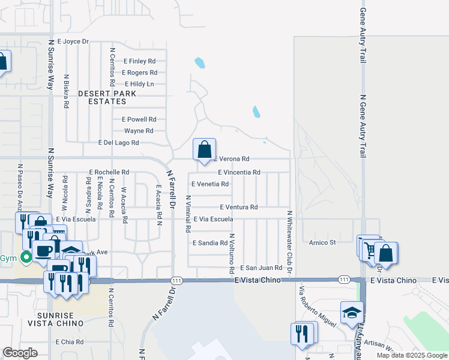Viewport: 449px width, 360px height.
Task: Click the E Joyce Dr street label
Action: pyautogui.click(x=73, y=41)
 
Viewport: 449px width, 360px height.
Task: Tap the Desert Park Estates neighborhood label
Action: pyautogui.click(x=107, y=98)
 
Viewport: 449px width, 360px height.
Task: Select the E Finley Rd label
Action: pyautogui.click(x=139, y=61)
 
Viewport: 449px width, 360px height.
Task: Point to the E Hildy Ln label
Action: pyautogui.click(x=139, y=84)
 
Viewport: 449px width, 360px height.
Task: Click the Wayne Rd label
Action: pyautogui.click(x=139, y=131)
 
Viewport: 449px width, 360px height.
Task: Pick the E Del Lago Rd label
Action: pyautogui.click(x=118, y=143)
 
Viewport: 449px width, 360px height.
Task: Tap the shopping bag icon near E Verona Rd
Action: pyautogui.click(x=204, y=149)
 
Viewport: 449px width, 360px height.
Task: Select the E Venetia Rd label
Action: pyautogui.click(x=209, y=184)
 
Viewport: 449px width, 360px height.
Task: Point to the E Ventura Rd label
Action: pyautogui.click(x=238, y=207)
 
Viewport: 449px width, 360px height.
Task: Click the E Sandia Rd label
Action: pyautogui.click(x=210, y=243)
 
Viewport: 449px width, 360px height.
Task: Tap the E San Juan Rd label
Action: pyautogui.click(x=261, y=268)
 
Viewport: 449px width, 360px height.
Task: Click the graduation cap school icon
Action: pyautogui.click(x=352, y=314)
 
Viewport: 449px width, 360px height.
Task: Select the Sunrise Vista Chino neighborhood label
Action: pyautogui.click(x=55, y=319)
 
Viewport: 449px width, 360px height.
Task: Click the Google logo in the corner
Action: pyautogui.click(x=20, y=353)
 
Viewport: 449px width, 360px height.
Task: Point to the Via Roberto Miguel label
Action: pyautogui.click(x=316, y=305)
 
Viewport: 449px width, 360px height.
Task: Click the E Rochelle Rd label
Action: pyautogui.click(x=109, y=172)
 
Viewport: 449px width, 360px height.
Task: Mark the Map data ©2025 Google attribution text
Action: pyautogui.click(x=411, y=355)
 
